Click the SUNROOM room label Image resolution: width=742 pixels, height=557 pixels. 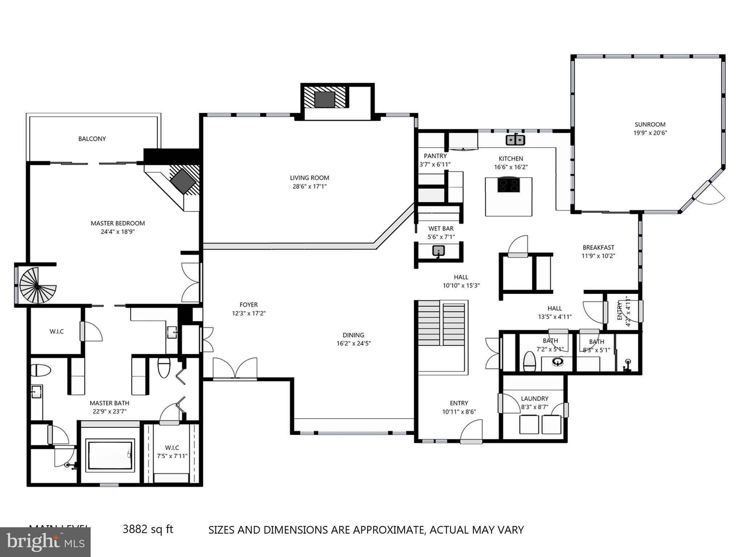point(650,124)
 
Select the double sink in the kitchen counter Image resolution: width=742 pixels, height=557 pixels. point(515,140)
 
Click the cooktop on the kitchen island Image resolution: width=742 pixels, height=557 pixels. point(509,185)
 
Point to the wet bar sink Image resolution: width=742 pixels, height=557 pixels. point(439,251)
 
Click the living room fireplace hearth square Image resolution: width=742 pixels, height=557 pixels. point(324,99)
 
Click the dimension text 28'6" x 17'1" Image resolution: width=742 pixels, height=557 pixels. point(310,186)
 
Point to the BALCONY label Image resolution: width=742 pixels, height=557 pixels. point(92,139)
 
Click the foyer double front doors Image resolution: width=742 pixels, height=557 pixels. point(235,369)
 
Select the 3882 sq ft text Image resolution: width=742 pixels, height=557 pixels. point(148,529)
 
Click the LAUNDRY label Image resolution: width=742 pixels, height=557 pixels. point(534,399)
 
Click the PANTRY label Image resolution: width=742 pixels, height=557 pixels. point(435,156)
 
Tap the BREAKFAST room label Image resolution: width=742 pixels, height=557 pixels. point(598,247)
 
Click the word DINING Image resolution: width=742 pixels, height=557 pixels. point(353,335)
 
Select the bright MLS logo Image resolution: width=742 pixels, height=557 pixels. point(45,542)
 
